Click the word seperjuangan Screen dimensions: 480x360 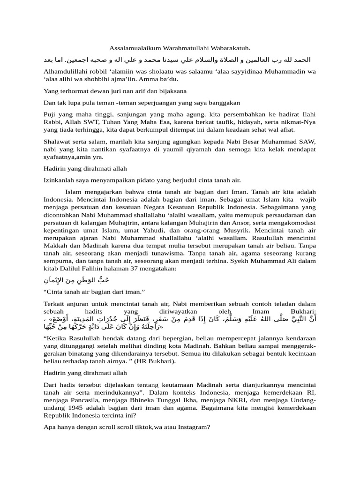(165, 102)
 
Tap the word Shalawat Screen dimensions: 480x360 (58, 142)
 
